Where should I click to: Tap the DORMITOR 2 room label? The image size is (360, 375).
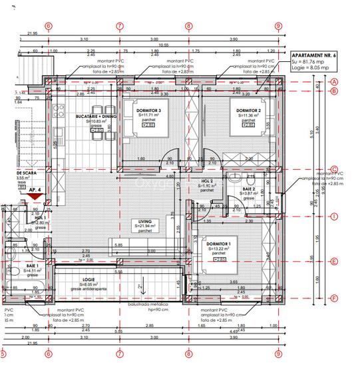point(248,110)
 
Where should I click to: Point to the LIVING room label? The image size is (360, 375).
point(144,221)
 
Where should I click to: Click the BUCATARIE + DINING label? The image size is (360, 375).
point(96,115)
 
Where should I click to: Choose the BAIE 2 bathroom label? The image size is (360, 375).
point(240,189)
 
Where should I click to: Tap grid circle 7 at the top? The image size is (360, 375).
point(120,27)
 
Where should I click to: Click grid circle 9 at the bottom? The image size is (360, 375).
point(277,353)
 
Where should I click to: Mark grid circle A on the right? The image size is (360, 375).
point(335,81)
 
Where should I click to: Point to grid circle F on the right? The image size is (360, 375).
point(335,298)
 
